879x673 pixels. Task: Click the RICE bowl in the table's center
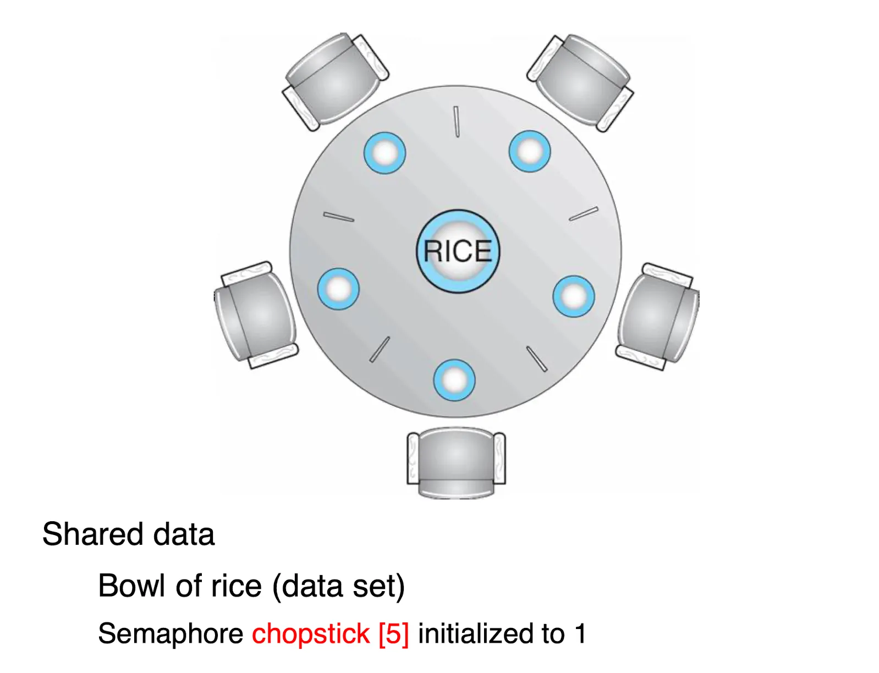coord(458,251)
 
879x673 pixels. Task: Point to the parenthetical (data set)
coord(339,586)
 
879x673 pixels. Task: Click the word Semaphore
coord(170,633)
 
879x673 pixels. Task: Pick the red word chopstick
coord(311,634)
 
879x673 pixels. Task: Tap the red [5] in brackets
coord(394,634)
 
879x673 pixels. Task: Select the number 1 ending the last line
coord(580,633)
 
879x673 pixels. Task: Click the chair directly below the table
coord(456,462)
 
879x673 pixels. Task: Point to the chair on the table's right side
coord(658,316)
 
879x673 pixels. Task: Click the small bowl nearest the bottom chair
coord(454,380)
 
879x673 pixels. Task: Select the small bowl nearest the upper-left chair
coord(384,153)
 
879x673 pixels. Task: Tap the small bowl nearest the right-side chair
coord(574,296)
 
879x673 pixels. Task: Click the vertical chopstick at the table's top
coord(457,122)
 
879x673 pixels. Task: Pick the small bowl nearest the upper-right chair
coord(529,151)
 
